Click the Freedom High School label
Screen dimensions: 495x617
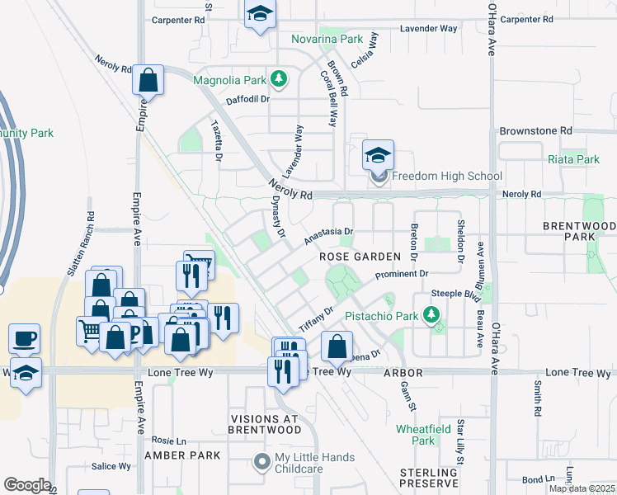point(446,176)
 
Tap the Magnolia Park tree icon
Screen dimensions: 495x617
point(280,80)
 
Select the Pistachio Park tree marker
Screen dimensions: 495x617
point(429,314)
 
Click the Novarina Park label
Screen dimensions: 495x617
point(327,39)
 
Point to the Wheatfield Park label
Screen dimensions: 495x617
point(422,435)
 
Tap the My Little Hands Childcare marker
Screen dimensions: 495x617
point(262,462)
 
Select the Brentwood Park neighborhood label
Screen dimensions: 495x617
point(579,231)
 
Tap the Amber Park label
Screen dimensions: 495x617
point(182,455)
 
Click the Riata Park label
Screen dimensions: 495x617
point(573,159)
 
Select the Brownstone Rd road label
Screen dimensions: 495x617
point(535,131)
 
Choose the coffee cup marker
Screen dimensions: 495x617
point(24,338)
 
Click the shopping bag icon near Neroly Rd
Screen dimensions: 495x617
point(148,81)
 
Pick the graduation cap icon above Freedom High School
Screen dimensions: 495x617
point(378,155)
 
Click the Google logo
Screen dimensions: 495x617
point(27,485)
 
